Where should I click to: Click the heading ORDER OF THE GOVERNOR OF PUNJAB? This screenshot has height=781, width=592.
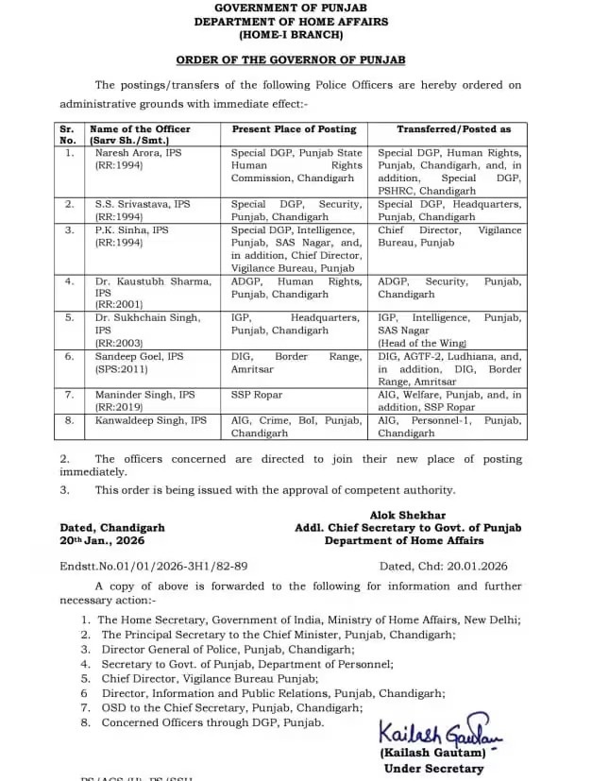[x=296, y=59]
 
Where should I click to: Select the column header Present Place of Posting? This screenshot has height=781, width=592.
[x=294, y=129]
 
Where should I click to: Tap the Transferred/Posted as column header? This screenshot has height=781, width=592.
[x=453, y=129]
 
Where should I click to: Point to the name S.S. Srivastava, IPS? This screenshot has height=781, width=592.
[x=142, y=204]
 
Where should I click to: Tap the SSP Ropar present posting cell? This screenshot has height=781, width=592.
[x=257, y=395]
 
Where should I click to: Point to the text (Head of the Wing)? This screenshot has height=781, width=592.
[x=423, y=344]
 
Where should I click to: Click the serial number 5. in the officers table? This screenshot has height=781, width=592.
[x=69, y=319]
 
